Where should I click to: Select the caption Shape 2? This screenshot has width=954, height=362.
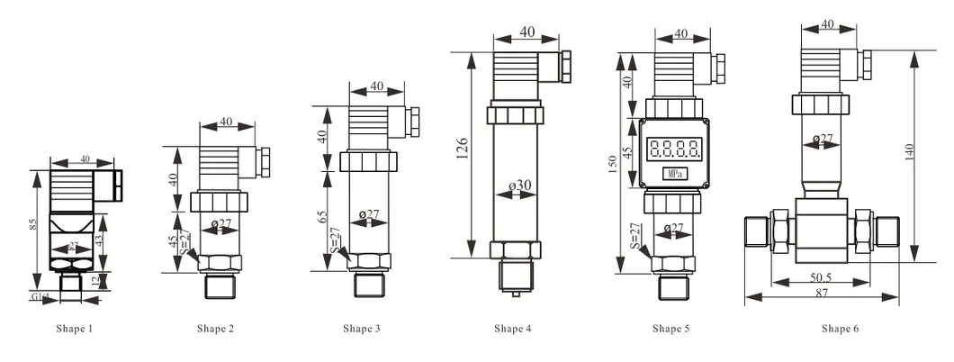[x=215, y=330]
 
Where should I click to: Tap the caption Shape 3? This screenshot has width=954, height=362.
[x=361, y=330]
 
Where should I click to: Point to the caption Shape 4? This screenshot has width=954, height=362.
[x=512, y=330]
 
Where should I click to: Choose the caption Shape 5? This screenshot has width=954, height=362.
[x=670, y=330]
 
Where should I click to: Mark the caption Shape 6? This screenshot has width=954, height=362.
[x=840, y=330]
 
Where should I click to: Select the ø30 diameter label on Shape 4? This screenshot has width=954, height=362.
[x=520, y=186]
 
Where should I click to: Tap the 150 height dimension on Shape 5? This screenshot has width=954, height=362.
[x=613, y=167]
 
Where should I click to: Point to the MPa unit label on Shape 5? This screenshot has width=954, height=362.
[x=672, y=172]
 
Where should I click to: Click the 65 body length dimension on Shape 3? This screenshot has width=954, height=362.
[x=321, y=218]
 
